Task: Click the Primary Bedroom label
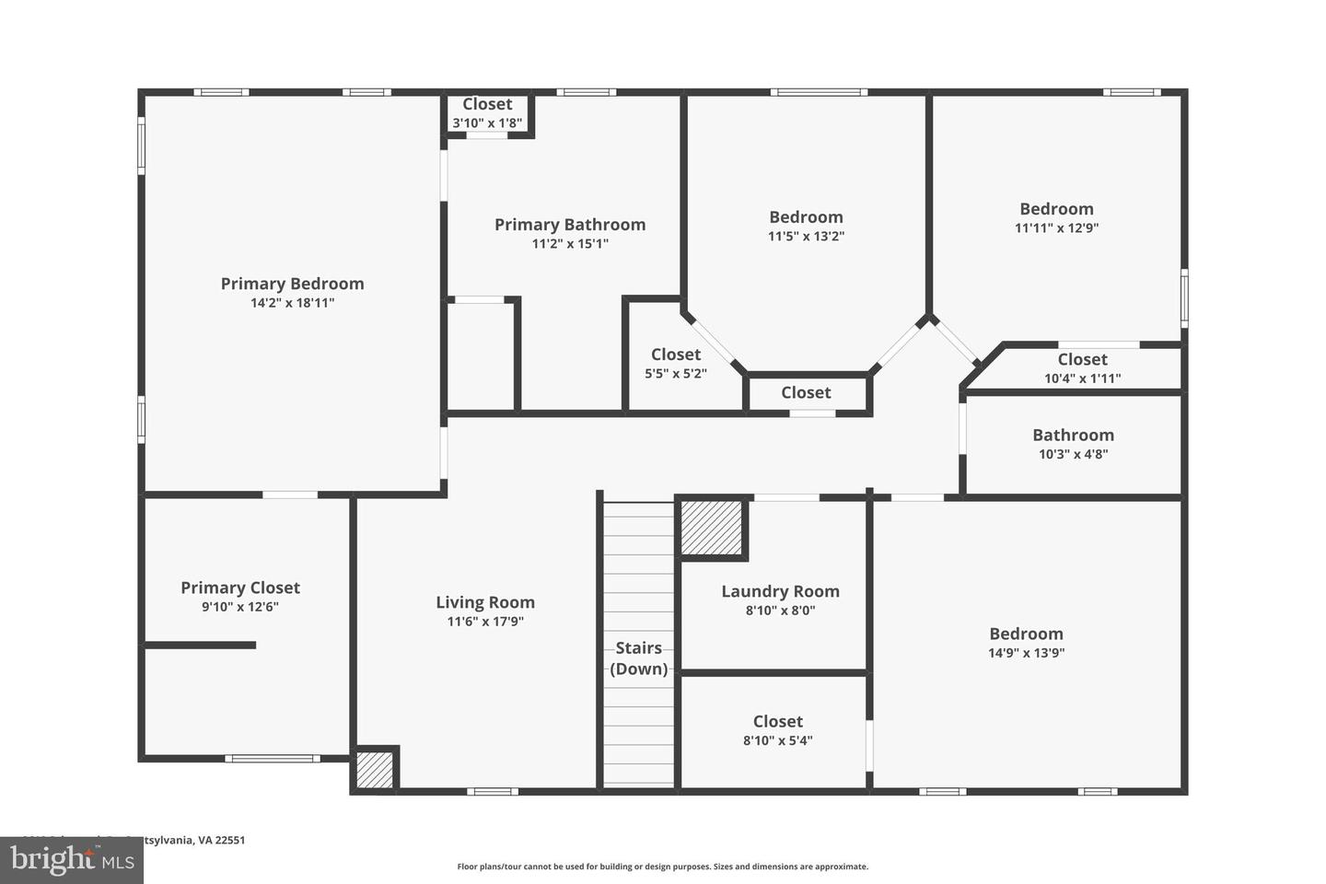pos(292,284)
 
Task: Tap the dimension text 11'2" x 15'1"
pos(570,244)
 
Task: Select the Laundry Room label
pos(780,591)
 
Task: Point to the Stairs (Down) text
pos(639,658)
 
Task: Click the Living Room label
pos(485,602)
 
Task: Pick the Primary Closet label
pos(240,587)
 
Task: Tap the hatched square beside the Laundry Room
pos(711,529)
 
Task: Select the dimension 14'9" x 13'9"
pos(1027,653)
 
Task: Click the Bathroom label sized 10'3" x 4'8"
pos(1073,435)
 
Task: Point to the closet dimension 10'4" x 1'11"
pos(1082,378)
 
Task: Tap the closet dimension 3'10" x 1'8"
pos(487,122)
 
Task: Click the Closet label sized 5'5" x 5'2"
pos(676,355)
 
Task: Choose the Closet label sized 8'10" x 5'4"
pos(778,721)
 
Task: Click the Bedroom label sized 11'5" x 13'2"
pos(806,217)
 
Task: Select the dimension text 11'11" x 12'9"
pos(1056,228)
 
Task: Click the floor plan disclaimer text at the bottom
pos(662,867)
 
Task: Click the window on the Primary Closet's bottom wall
pos(273,759)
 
